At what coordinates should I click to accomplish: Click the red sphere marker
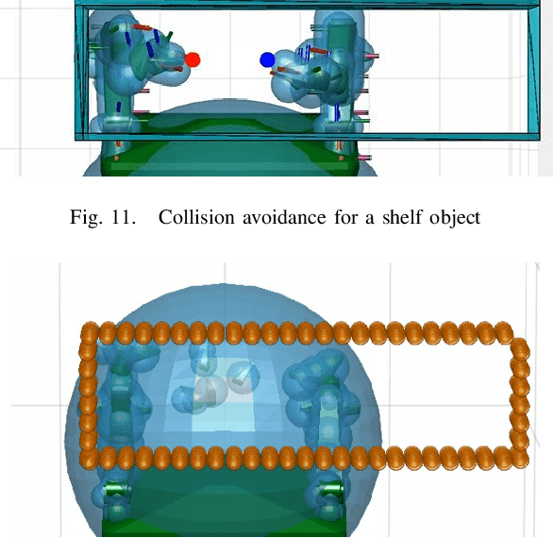[x=193, y=59]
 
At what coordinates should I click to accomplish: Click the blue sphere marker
[x=267, y=60]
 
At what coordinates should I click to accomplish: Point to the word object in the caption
[x=455, y=218]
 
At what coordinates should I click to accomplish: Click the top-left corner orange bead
[x=89, y=331]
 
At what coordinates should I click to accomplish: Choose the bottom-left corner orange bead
[x=90, y=458]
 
